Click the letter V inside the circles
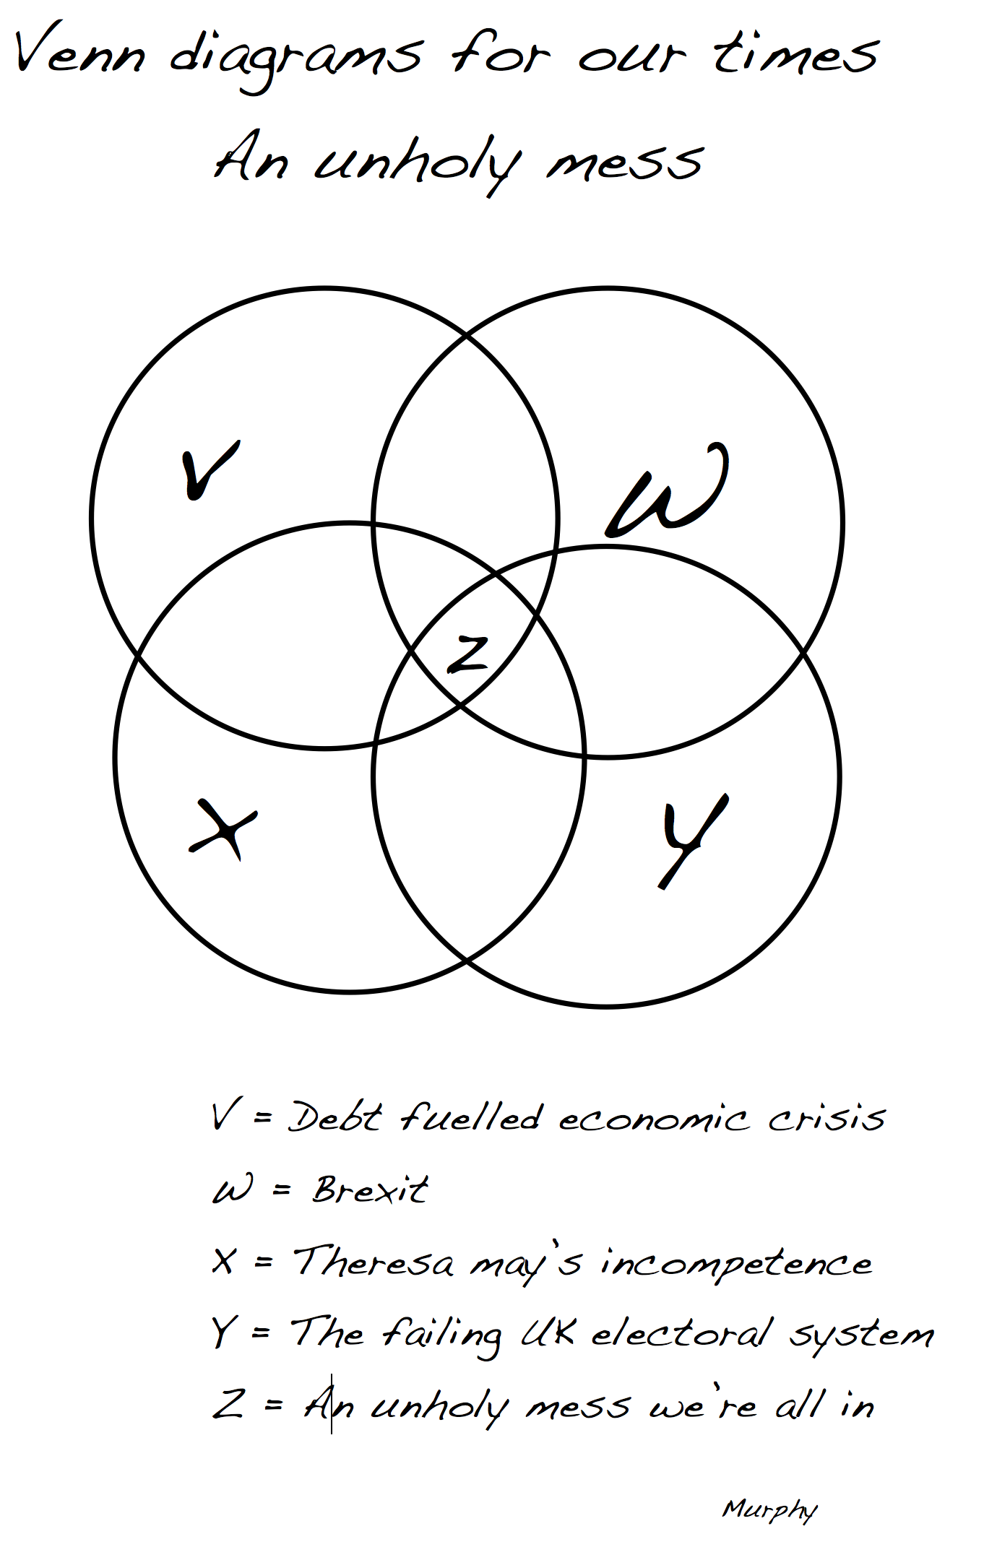(209, 470)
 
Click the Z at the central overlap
(467, 654)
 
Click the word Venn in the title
(79, 51)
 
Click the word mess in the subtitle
(625, 162)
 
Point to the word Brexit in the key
(370, 1189)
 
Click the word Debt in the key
(334, 1118)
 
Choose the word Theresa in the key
(374, 1262)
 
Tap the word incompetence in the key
(737, 1264)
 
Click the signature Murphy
(769, 1509)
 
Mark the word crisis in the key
(827, 1119)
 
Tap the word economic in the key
(653, 1119)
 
